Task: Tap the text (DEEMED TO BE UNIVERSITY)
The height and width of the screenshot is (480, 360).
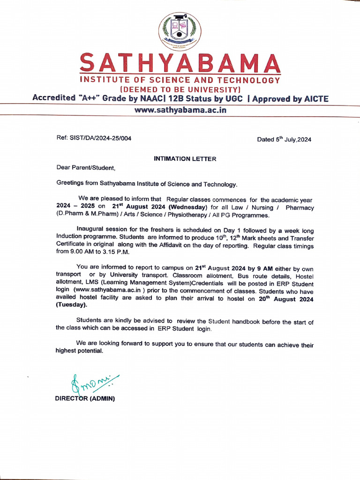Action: click(x=180, y=89)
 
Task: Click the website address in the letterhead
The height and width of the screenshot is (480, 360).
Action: click(x=180, y=111)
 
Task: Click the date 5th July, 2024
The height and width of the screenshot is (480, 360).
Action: click(x=284, y=139)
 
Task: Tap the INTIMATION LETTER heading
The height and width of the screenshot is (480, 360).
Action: click(x=185, y=159)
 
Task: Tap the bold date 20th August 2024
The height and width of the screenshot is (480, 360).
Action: click(x=286, y=299)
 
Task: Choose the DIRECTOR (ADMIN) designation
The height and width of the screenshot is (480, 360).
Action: click(x=85, y=398)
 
